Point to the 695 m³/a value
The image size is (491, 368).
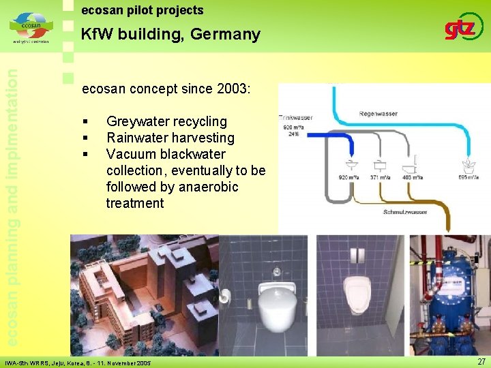(x=470, y=177)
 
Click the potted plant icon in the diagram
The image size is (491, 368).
(x=469, y=165)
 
